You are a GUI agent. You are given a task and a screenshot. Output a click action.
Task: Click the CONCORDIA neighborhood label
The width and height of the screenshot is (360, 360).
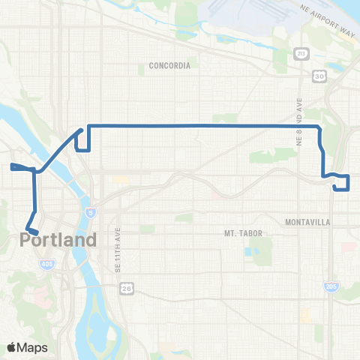(169, 65)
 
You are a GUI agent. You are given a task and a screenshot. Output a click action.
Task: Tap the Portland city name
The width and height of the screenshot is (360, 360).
(58, 241)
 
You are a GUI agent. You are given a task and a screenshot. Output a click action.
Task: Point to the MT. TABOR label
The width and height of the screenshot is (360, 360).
(243, 233)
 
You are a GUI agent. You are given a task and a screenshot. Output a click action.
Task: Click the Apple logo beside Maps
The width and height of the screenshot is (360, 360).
(11, 347)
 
